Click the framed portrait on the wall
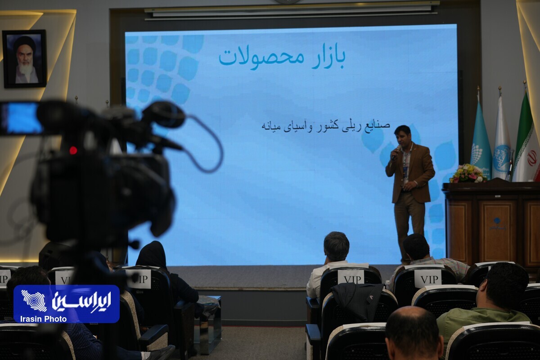click(x=24, y=58)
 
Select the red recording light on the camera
click(x=73, y=150)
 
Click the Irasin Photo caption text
click(x=43, y=319)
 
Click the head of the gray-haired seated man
click(x=336, y=247)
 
